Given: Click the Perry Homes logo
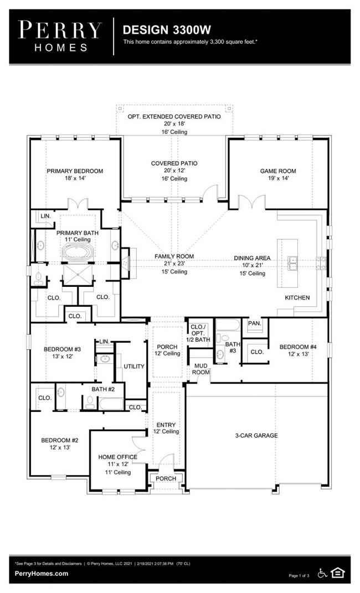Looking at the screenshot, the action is click(x=60, y=37).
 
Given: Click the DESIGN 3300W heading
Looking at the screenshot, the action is click(x=167, y=30).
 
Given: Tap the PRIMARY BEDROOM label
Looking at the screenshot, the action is click(x=75, y=171).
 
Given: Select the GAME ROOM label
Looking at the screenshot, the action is click(x=278, y=171).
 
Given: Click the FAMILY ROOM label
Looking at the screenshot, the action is click(x=174, y=256).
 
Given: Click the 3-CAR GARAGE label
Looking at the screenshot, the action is click(x=256, y=435).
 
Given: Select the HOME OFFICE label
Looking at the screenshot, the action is click(x=117, y=457).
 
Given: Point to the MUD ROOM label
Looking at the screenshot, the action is click(x=201, y=369).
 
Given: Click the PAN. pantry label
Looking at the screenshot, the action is click(x=255, y=323).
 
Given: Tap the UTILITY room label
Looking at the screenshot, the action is click(x=134, y=367).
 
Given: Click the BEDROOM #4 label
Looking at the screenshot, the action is click(x=298, y=347).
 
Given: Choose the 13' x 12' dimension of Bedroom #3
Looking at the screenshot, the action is click(x=63, y=356).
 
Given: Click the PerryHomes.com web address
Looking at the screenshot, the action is click(x=42, y=573).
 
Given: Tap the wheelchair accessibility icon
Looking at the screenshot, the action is click(x=322, y=573).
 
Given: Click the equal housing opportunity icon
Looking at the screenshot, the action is click(x=337, y=573).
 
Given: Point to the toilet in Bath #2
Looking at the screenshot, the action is click(x=90, y=402).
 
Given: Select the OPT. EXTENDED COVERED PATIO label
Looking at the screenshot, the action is click(x=174, y=116).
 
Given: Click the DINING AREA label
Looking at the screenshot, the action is click(x=252, y=258).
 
